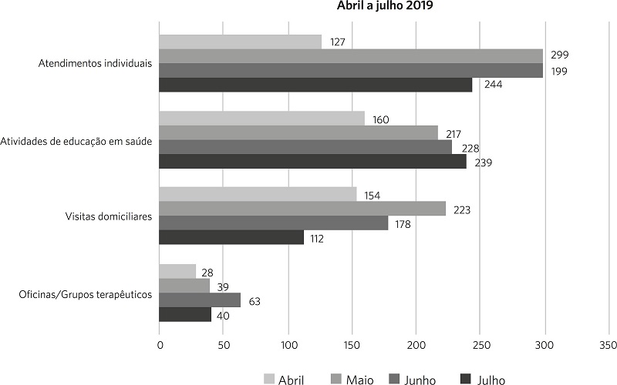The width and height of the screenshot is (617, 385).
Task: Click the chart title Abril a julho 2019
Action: (384, 6)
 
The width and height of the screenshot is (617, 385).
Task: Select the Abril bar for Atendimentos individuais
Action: (240, 42)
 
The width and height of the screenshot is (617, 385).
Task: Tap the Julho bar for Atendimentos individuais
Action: (315, 85)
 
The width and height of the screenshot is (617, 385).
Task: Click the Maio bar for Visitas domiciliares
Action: (302, 208)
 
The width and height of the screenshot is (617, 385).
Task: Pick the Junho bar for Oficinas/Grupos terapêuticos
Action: (200, 300)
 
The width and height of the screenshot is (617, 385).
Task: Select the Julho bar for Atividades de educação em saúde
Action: (313, 161)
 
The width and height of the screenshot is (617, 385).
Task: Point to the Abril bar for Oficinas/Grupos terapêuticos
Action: (177, 271)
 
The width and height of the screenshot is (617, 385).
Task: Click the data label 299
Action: (560, 55)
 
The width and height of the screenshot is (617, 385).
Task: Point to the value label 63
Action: (255, 302)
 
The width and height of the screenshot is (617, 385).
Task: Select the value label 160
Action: (380, 119)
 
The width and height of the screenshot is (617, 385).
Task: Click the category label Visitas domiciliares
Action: (109, 216)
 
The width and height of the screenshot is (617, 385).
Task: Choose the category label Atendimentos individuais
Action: (95, 63)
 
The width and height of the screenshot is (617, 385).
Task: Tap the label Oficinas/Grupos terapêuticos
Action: (86, 295)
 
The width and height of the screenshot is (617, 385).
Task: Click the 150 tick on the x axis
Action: (352, 345)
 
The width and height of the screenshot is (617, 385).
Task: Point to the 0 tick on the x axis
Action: (160, 345)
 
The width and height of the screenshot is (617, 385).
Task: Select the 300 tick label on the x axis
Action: (545, 345)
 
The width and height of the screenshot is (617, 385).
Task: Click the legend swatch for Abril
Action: (268, 379)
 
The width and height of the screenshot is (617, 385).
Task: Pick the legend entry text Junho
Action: (420, 380)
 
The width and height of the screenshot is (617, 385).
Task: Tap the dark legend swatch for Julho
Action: (466, 379)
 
